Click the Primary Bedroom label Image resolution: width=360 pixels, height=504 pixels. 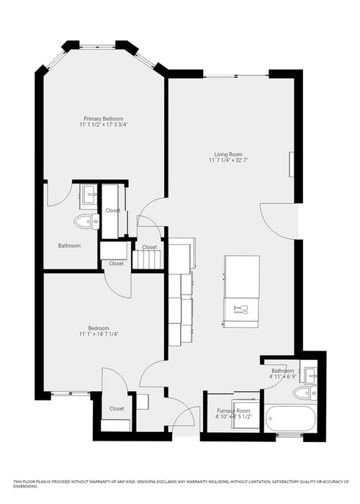coord(104,118)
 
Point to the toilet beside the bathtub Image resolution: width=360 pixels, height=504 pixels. coord(302,393)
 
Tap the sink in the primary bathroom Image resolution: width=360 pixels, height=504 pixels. coord(90,193)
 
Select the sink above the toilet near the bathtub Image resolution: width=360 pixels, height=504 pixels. coord(311,375)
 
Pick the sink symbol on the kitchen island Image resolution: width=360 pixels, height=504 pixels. coord(240,310)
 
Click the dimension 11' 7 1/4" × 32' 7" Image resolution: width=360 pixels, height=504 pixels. coord(228,161)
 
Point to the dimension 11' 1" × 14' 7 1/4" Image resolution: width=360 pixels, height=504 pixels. coord(99,334)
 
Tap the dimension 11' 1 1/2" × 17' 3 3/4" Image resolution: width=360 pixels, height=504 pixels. coord(104,125)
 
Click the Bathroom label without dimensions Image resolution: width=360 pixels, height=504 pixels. coord(69,246)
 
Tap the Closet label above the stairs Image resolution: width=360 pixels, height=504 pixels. coord(150,247)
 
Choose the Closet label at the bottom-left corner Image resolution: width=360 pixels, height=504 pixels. coord(117,408)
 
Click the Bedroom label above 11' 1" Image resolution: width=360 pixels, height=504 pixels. coord(99,328)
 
